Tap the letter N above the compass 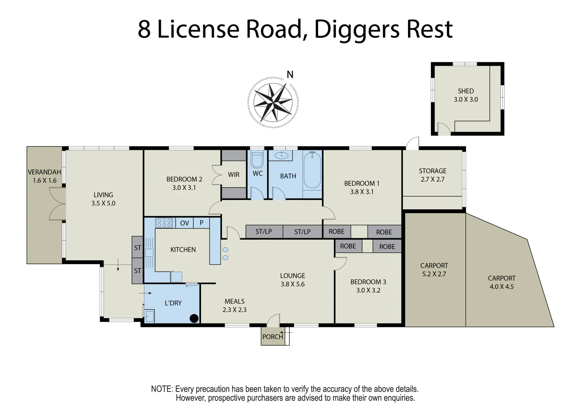coord(290,75)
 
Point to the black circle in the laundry coord(194,318)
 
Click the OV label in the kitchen coord(185,223)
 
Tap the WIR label coord(233,174)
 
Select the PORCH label coord(272,337)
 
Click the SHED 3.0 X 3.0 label coord(466,95)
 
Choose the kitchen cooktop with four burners coord(164,223)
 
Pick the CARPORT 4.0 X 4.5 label coord(501,282)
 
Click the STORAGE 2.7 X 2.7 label coord(432,175)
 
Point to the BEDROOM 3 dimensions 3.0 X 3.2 coord(368,290)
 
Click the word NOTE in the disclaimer coord(162,389)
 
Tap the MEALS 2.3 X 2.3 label coord(235,305)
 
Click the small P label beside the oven coord(201,223)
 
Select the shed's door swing coord(444,129)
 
